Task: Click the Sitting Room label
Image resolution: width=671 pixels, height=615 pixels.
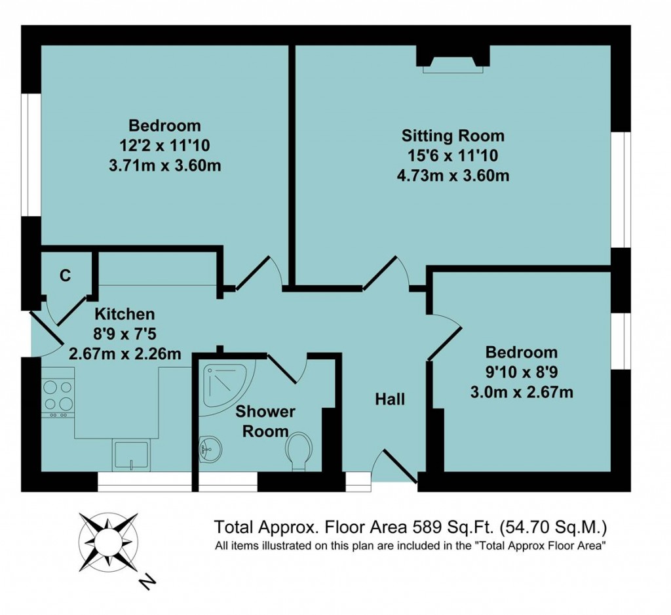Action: pyautogui.click(x=453, y=136)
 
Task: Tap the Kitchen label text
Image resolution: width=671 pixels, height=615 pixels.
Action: pyautogui.click(x=125, y=314)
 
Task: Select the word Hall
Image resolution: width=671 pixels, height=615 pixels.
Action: pyautogui.click(x=390, y=399)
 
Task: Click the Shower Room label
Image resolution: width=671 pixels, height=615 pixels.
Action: pyautogui.click(x=265, y=421)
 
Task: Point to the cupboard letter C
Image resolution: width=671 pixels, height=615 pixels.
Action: pyautogui.click(x=65, y=276)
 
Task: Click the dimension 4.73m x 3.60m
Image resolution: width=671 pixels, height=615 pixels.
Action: pyautogui.click(x=453, y=176)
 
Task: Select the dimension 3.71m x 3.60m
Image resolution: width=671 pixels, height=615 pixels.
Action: pyautogui.click(x=164, y=165)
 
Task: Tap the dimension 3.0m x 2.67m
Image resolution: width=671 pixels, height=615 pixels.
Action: pyautogui.click(x=522, y=393)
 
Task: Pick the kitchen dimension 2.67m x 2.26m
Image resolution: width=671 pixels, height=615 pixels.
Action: pyautogui.click(x=125, y=353)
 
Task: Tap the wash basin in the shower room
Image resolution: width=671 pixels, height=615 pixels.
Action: pyautogui.click(x=211, y=450)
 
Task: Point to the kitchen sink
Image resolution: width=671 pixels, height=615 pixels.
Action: pyautogui.click(x=132, y=456)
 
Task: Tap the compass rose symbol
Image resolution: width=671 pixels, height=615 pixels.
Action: pyautogui.click(x=107, y=542)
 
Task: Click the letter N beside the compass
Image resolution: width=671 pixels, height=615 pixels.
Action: pyautogui.click(x=148, y=580)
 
